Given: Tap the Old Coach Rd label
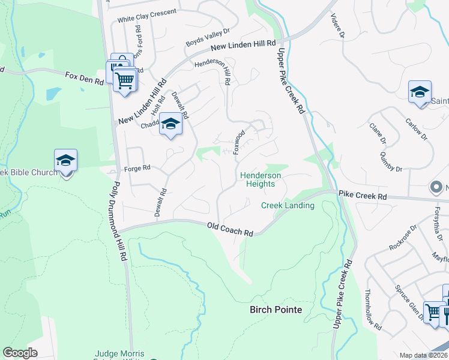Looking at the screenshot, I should pos(230,229).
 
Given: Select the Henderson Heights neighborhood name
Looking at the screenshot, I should pos(260,179).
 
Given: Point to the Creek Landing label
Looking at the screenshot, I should pos(288,206).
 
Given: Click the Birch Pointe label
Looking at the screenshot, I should pos(276,310).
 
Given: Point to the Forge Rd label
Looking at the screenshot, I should pos(137,169).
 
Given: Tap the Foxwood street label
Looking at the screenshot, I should pos(240,142).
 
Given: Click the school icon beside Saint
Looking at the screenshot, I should pos(420,92).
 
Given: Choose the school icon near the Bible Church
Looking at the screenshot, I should pos(65,160).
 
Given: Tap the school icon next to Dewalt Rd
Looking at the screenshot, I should pos(170,124).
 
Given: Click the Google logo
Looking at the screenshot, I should pos(20,353).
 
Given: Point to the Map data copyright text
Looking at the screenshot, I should pos(423,355).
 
